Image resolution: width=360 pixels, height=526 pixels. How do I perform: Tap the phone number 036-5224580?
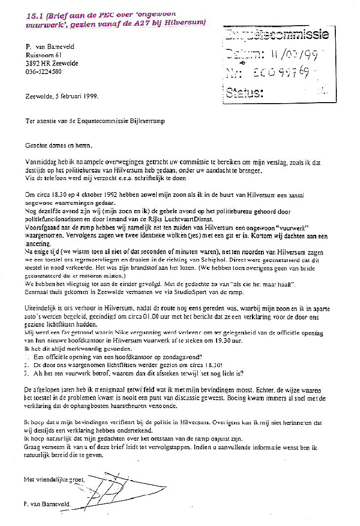pos(43,71)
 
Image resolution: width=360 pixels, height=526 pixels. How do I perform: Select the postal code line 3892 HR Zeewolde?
pos(52,63)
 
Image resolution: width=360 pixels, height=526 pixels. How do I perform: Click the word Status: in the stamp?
pos(245,93)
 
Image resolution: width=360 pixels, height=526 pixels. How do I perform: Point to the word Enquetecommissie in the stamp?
pos(276,35)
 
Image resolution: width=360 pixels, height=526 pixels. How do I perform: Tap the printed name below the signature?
pos(47,504)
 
